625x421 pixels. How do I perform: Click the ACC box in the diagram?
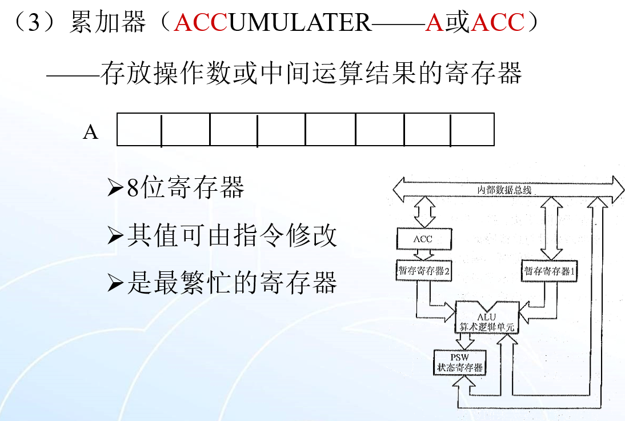(423, 239)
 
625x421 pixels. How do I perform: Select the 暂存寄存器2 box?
(424, 271)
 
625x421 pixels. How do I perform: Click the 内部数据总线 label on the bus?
(504, 190)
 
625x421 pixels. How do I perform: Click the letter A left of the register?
(91, 133)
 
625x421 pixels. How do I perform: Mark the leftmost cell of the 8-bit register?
(139, 130)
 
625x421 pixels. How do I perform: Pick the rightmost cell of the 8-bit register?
(472, 130)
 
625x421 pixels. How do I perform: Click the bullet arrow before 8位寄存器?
(115, 189)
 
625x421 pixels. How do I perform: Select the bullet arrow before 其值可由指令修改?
(115, 236)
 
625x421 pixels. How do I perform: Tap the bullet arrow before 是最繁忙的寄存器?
(115, 283)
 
